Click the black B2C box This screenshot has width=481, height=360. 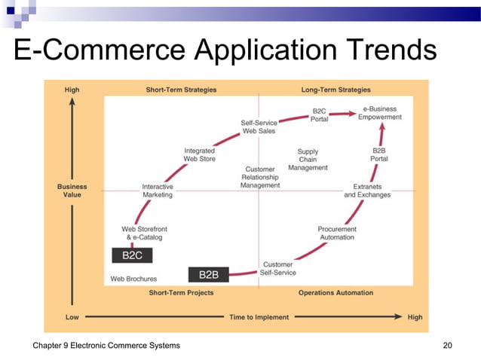(x=132, y=255)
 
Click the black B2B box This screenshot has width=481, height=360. (x=208, y=275)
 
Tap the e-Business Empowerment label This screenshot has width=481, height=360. (x=379, y=113)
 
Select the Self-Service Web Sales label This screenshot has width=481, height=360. (x=259, y=127)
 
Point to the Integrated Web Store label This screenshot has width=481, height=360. (x=199, y=154)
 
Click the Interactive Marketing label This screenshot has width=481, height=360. (x=158, y=191)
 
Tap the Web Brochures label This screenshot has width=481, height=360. (x=133, y=279)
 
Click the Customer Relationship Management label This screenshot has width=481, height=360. (x=260, y=177)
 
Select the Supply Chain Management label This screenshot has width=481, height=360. (x=308, y=160)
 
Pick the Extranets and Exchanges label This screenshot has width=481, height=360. (x=367, y=191)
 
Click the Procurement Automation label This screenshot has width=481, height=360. (x=337, y=233)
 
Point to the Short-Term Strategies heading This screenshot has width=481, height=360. (x=181, y=90)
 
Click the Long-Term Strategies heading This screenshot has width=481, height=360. (x=335, y=90)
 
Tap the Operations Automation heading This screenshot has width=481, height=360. (x=335, y=292)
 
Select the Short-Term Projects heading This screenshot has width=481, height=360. (x=181, y=292)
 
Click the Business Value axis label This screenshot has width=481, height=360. (x=72, y=191)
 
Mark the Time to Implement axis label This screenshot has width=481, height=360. (x=259, y=317)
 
